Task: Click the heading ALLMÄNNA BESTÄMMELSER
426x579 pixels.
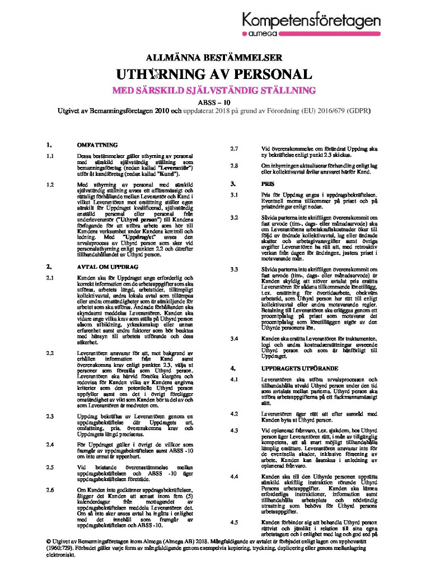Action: (213, 57)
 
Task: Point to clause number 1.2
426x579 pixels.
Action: (50, 184)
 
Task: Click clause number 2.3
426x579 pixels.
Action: (50, 416)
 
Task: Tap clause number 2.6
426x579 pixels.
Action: (50, 489)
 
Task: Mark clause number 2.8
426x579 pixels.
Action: (235, 165)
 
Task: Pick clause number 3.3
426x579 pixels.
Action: (235, 270)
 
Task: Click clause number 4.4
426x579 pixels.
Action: (235, 476)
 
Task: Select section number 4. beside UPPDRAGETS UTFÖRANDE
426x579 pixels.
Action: (233, 368)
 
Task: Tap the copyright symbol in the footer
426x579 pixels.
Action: (49, 543)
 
